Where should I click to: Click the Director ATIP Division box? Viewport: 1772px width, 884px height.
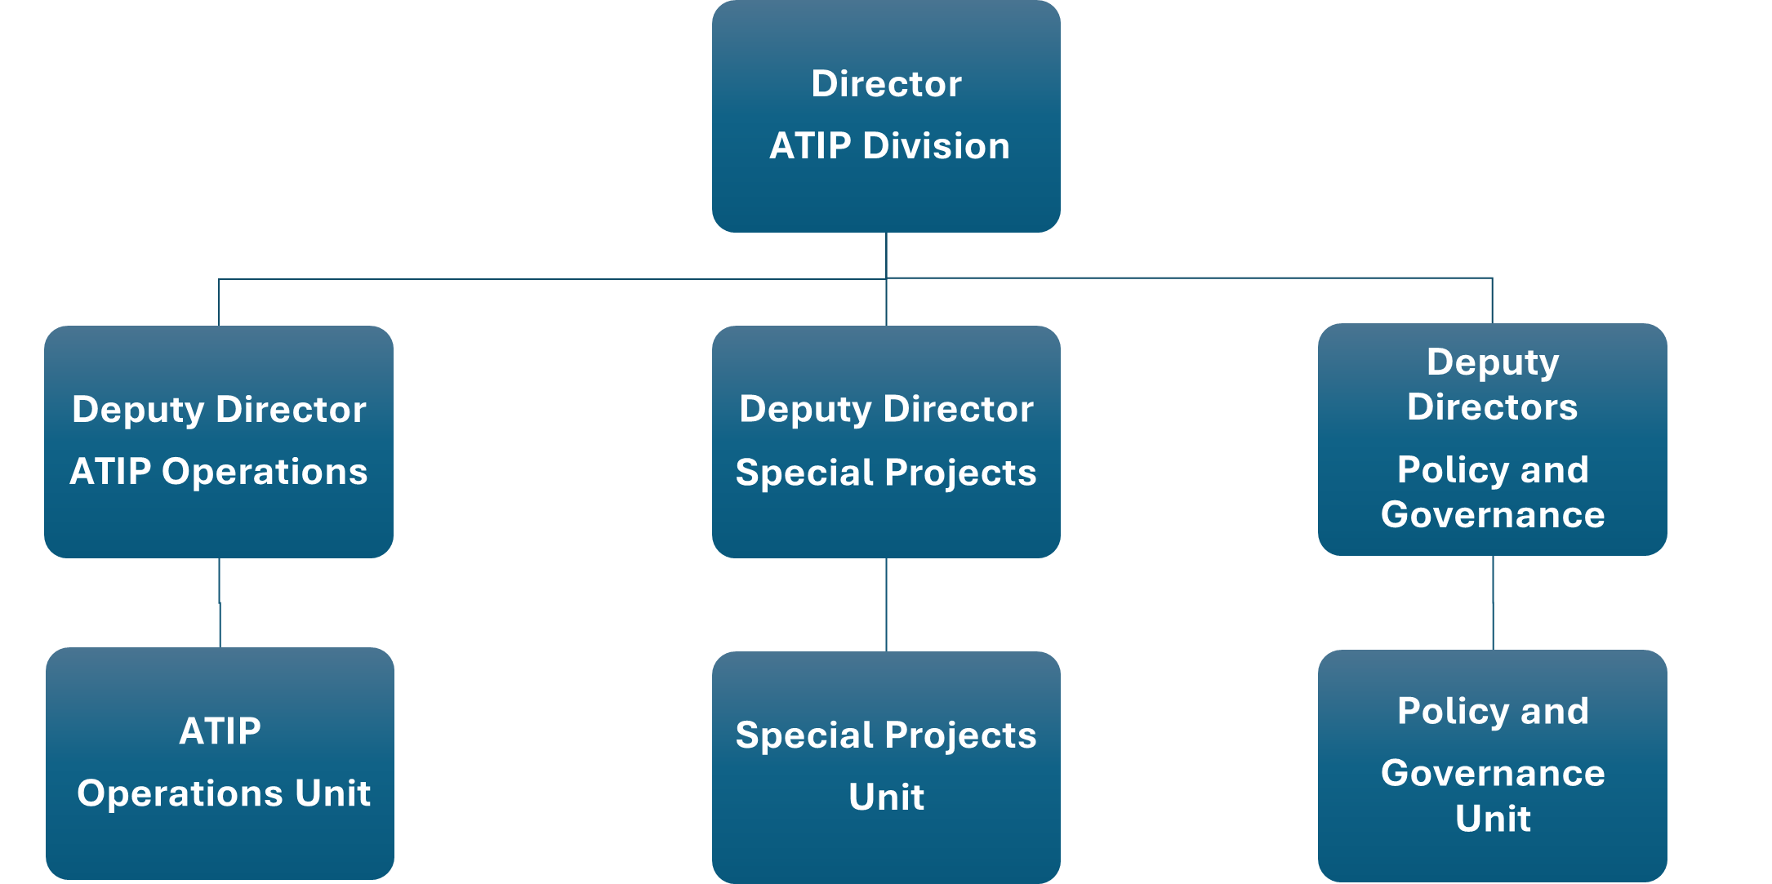(x=886, y=116)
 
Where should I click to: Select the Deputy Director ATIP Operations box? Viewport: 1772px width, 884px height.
(x=219, y=442)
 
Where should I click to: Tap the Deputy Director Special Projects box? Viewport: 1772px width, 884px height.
(x=886, y=442)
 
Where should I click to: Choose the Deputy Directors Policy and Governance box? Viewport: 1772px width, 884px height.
(x=1492, y=439)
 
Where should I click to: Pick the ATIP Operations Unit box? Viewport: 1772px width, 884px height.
(x=220, y=763)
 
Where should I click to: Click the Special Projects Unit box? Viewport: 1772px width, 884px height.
(x=886, y=766)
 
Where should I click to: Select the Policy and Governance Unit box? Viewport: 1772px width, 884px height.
(x=1492, y=765)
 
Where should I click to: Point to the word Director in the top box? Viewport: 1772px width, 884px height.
(x=886, y=84)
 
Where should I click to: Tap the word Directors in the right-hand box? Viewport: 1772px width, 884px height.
(x=1492, y=407)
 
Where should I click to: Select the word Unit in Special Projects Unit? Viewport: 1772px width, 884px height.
(x=886, y=797)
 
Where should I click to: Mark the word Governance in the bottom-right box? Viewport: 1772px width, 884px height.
(x=1492, y=773)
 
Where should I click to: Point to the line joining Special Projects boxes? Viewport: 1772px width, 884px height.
(x=886, y=605)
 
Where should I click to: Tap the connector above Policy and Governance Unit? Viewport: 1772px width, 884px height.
(x=1493, y=603)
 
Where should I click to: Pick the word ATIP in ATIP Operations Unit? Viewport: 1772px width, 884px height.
(x=220, y=731)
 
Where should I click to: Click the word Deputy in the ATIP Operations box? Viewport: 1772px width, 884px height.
(x=137, y=411)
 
